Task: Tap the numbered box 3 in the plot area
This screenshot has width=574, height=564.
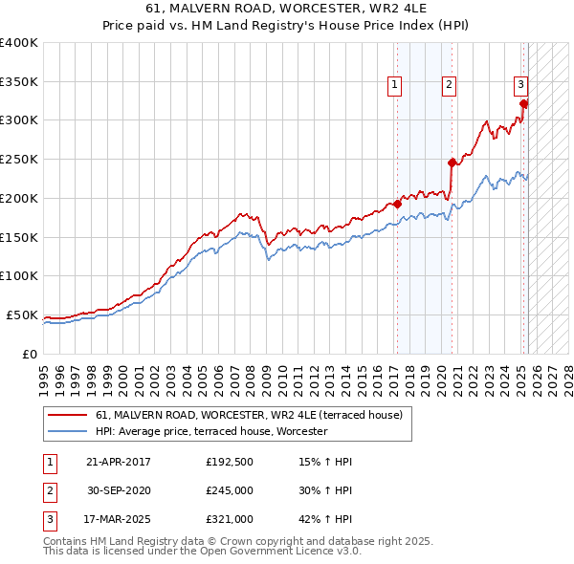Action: (520, 84)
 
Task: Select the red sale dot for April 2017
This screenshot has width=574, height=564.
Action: (397, 204)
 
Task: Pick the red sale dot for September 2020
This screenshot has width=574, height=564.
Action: (452, 163)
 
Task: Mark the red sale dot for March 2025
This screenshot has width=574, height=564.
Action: (523, 102)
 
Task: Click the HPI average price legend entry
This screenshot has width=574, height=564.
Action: (211, 431)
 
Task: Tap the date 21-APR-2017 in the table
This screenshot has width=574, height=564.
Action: (118, 462)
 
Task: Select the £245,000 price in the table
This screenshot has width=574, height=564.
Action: (229, 490)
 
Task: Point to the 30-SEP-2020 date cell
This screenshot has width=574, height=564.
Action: (118, 490)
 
